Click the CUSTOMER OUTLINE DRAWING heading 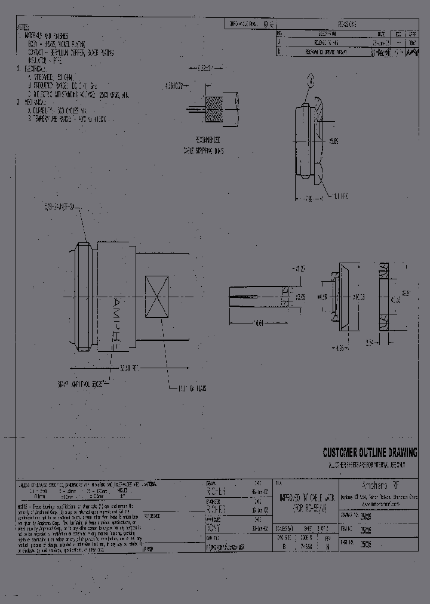pyautogui.click(x=370, y=452)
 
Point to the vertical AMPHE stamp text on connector pyautogui.click(x=116, y=319)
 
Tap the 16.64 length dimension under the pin pyautogui.click(x=258, y=323)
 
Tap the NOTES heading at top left pyautogui.click(x=22, y=27)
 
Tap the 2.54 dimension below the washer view pyautogui.click(x=369, y=343)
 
